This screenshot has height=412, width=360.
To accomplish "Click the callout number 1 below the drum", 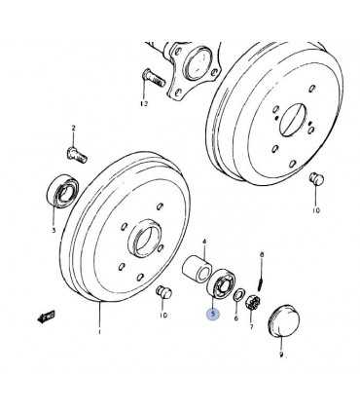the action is (x=99, y=332).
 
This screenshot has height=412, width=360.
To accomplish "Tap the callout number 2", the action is (x=73, y=128).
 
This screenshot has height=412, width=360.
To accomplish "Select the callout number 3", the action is (x=54, y=231).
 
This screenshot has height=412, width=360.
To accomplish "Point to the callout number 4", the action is (x=204, y=242).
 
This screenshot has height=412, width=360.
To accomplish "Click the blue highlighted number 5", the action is (x=213, y=314).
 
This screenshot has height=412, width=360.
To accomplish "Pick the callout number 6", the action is (x=236, y=318).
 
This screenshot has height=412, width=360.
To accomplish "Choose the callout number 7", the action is (x=252, y=326).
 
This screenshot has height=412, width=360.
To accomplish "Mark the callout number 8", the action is (x=262, y=255).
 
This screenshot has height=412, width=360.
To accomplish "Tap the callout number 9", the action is (x=281, y=355).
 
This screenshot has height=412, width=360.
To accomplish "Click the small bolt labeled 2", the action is (x=77, y=155).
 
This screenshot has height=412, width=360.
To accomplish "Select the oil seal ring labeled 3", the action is (x=62, y=192).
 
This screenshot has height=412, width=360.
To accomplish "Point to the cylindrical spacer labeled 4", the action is (x=196, y=267).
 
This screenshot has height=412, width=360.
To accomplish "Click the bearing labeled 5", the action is (x=222, y=282).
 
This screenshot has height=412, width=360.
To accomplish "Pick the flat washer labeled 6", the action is (x=239, y=294).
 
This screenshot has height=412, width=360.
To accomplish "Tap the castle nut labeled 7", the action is (x=252, y=303).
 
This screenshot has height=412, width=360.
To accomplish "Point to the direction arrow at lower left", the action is (x=46, y=316).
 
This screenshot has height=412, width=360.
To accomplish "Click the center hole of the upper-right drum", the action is (x=293, y=119).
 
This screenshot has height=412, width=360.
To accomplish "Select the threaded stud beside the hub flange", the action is (x=154, y=77).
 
